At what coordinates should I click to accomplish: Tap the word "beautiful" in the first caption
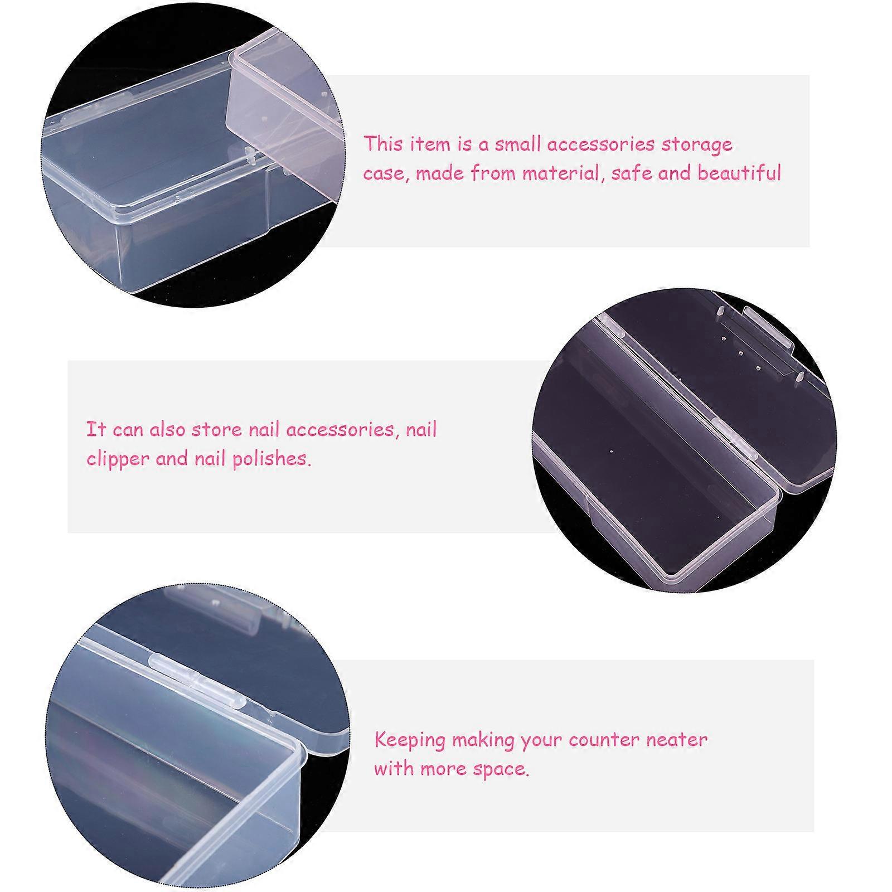point(739,173)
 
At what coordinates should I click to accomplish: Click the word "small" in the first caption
point(518,144)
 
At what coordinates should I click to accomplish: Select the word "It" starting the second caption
point(96,429)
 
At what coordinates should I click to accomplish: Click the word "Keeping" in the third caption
point(410,741)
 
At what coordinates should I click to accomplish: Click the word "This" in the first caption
point(384,144)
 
